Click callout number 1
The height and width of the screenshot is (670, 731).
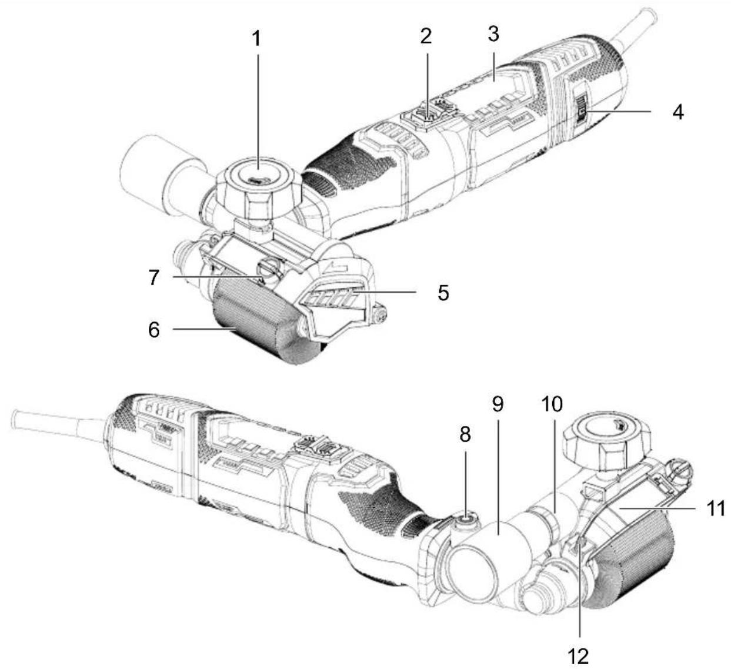point(257,39)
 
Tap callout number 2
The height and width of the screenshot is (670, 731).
point(426,36)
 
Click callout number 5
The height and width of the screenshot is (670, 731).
point(443,293)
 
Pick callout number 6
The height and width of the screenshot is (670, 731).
point(153,330)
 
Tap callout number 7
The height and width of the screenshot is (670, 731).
point(153,277)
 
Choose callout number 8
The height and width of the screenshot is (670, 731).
point(465,435)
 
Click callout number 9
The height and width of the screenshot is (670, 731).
point(498,404)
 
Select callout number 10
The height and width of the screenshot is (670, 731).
point(552,404)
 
